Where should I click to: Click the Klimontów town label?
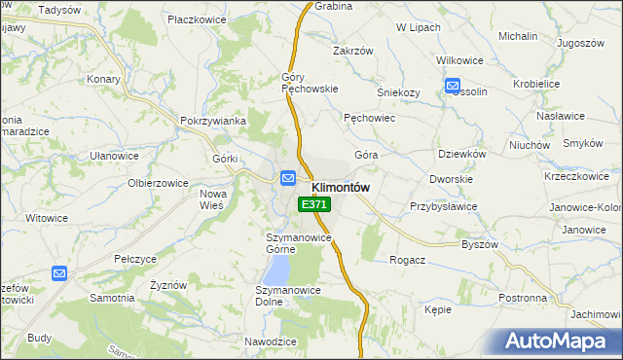(341, 187)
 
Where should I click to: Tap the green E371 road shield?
(314, 204)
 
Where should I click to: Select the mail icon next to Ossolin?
(454, 87)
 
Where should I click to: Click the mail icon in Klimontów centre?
(288, 178)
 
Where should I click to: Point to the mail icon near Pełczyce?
(59, 274)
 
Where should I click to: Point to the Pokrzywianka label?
(211, 121)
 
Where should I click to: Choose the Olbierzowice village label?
(158, 182)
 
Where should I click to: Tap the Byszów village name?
(480, 244)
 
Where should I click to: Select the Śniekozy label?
(398, 92)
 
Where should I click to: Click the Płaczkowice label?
(198, 18)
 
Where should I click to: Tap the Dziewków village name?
(461, 153)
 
